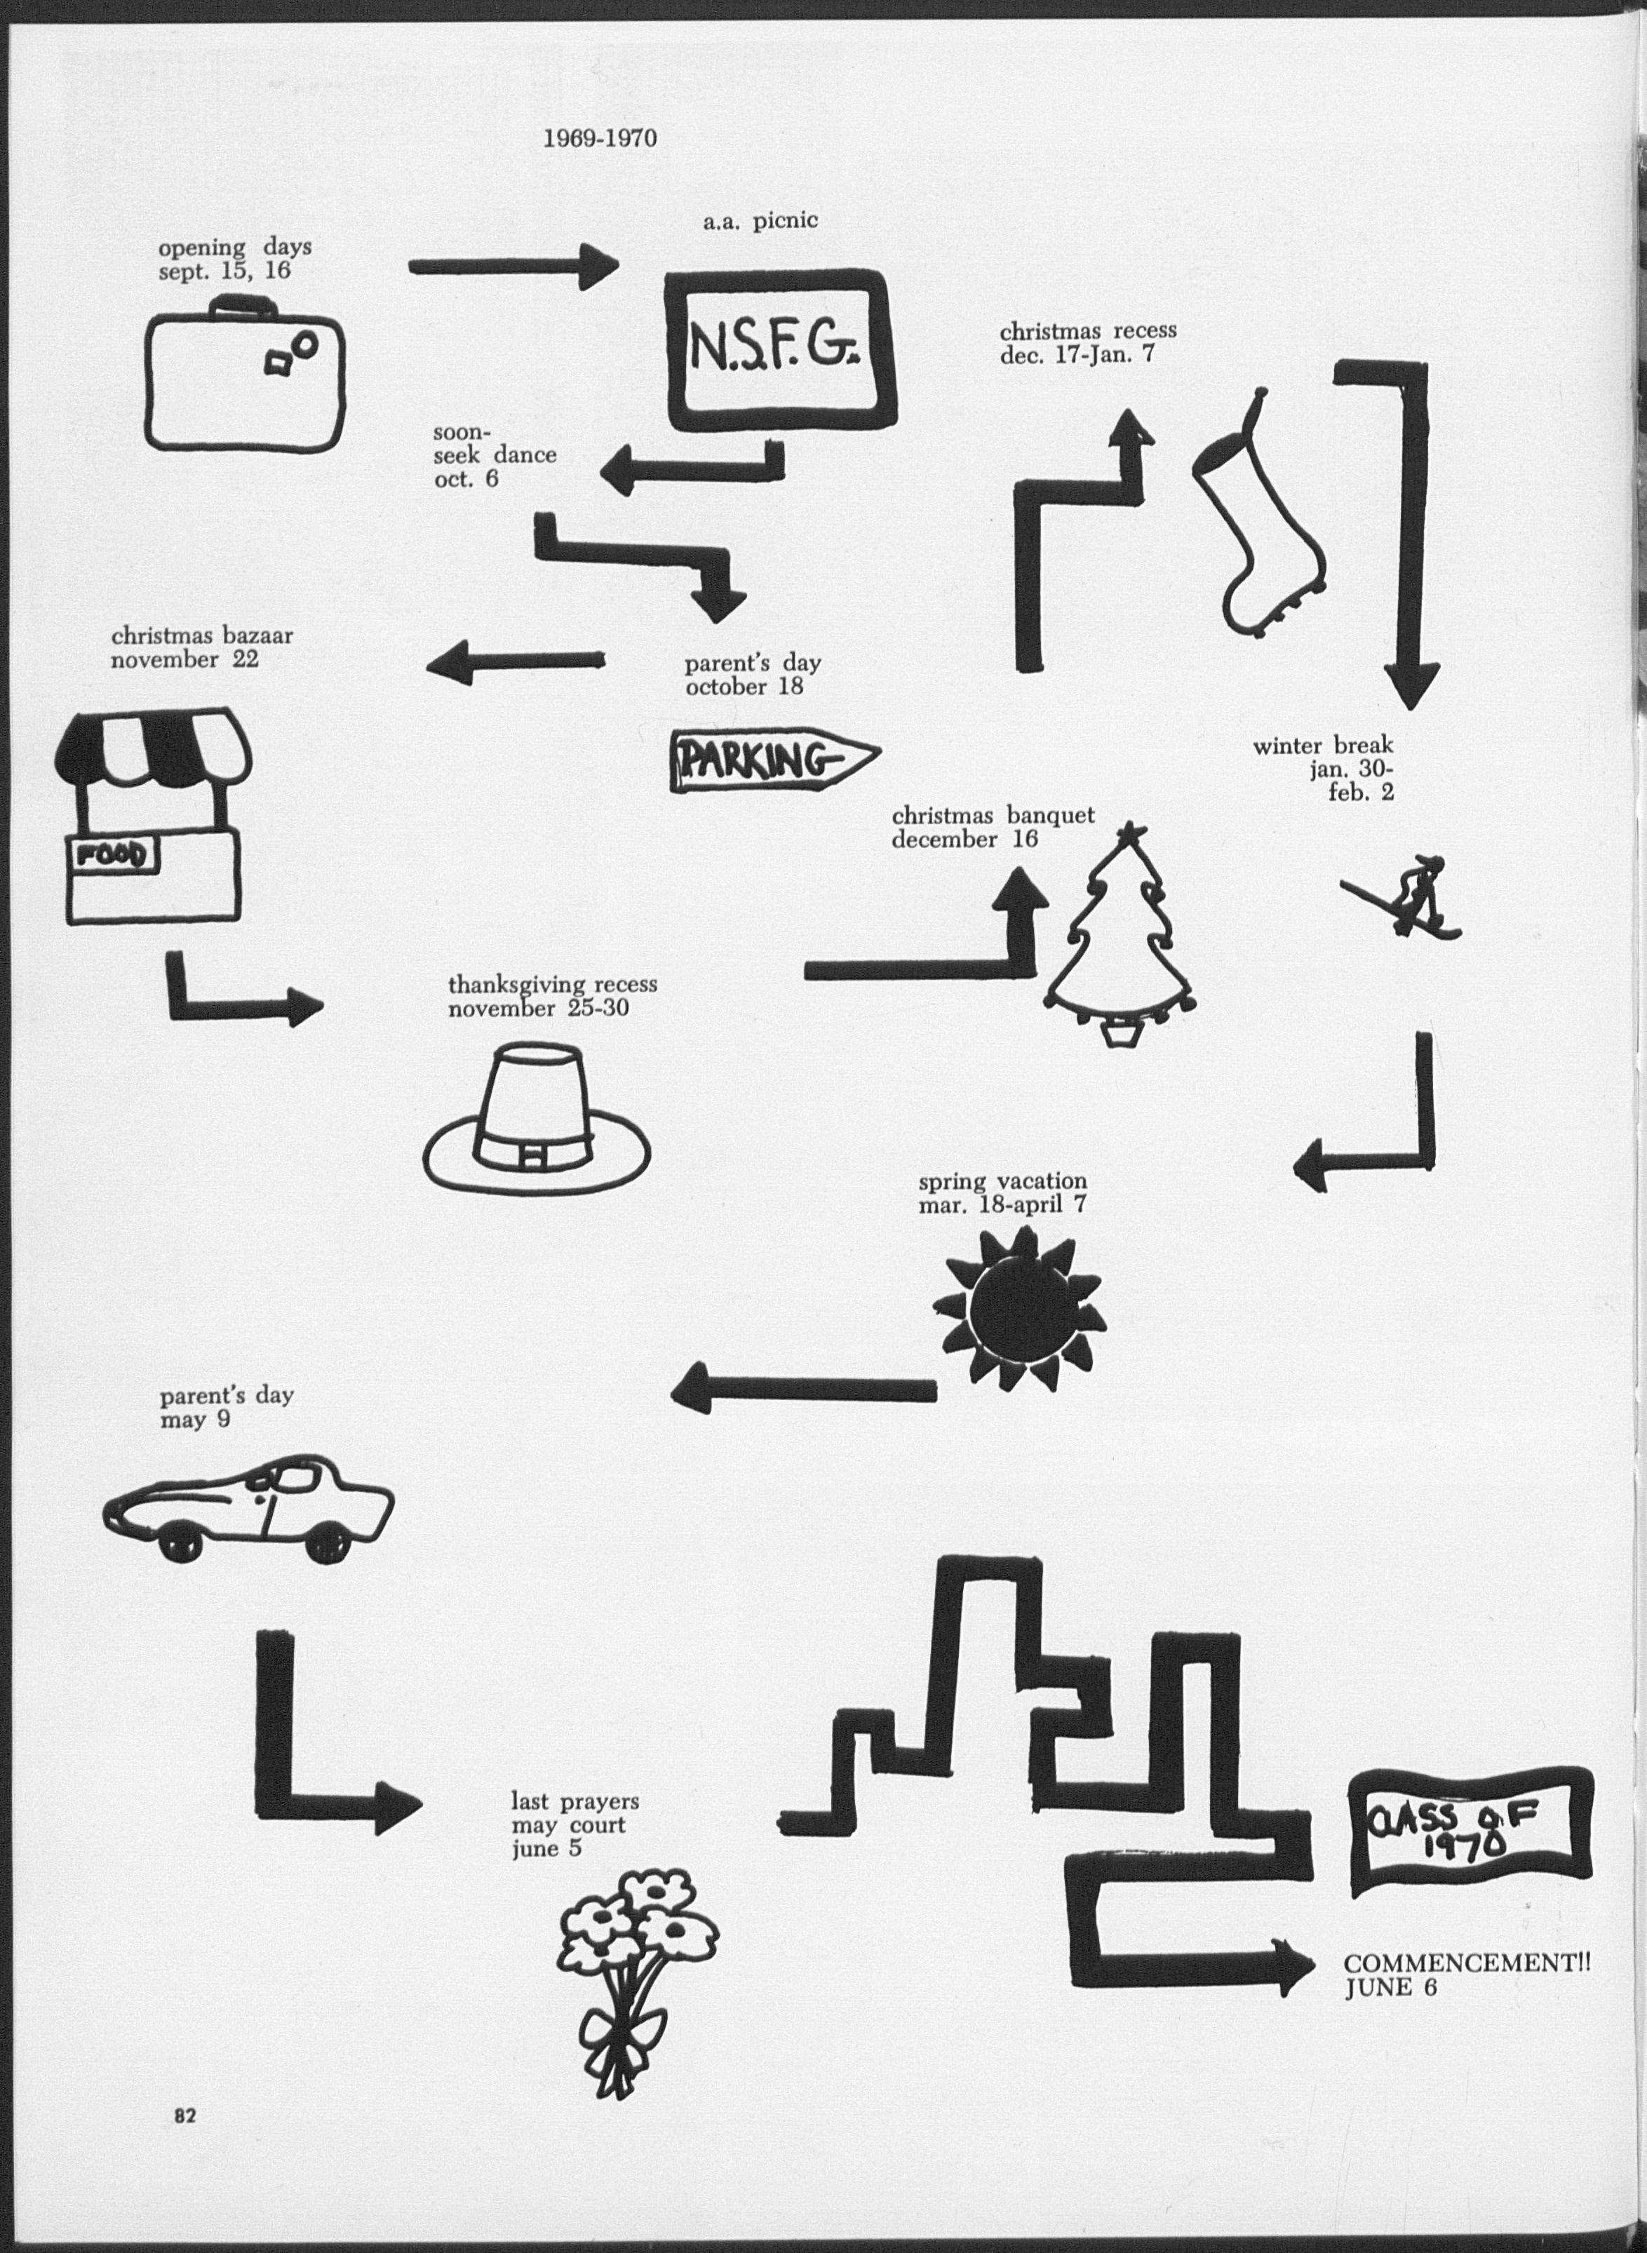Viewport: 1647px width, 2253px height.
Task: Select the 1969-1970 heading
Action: (599, 137)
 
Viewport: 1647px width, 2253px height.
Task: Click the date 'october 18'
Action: (744, 687)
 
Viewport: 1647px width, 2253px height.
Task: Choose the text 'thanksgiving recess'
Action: (552, 984)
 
